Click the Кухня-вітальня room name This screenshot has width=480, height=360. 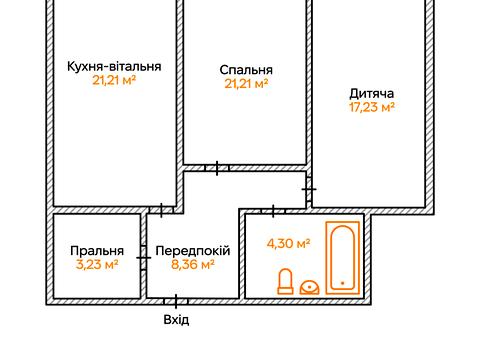pyautogui.click(x=114, y=66)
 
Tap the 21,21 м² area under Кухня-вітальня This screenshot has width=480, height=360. pyautogui.click(x=114, y=80)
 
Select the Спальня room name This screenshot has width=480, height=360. pyautogui.click(x=246, y=70)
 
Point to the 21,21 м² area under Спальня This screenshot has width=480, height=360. pyautogui.click(x=246, y=84)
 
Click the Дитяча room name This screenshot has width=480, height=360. pyautogui.click(x=370, y=92)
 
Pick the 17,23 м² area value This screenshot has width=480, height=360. pyautogui.click(x=370, y=107)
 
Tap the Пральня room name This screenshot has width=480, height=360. pyautogui.click(x=97, y=251)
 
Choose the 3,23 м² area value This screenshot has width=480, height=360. pyautogui.click(x=97, y=265)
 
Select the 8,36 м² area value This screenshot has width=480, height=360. pyautogui.click(x=193, y=265)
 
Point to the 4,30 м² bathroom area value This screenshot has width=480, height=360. pyautogui.click(x=288, y=242)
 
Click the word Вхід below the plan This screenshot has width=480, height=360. pyautogui.click(x=176, y=320)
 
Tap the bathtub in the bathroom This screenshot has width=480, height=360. pyautogui.click(x=341, y=257)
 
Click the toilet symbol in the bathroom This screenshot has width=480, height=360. pyautogui.click(x=285, y=281)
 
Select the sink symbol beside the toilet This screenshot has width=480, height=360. pyautogui.click(x=310, y=287)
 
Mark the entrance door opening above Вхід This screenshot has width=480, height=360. pyautogui.click(x=176, y=299)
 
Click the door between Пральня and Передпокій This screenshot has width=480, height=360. pyautogui.click(x=145, y=257)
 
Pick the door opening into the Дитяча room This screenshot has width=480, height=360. pyautogui.click(x=309, y=187)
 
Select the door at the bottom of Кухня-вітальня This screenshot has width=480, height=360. pyautogui.click(x=160, y=210)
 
